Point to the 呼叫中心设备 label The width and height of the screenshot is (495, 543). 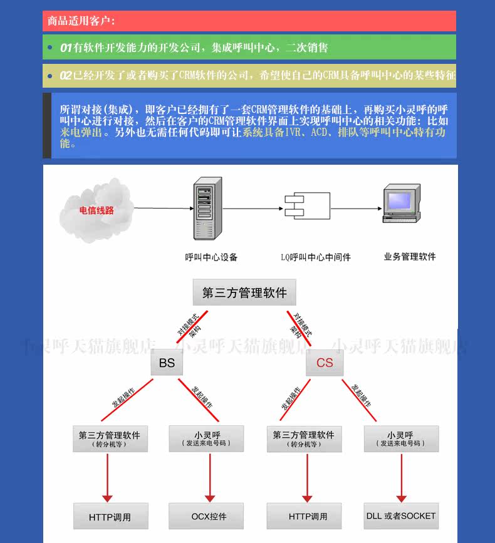[x=211, y=257]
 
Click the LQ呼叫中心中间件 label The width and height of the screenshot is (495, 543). [x=315, y=257]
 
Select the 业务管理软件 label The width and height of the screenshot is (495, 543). [x=410, y=257]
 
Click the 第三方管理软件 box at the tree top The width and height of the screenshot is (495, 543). [x=244, y=292]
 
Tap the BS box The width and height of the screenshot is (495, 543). [x=167, y=363]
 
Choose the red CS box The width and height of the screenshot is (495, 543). [x=325, y=363]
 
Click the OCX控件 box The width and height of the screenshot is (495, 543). [x=209, y=517]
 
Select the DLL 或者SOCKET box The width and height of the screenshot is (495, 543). [x=401, y=516]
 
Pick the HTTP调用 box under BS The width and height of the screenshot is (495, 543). [x=110, y=517]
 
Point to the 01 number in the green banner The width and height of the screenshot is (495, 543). [x=66, y=48]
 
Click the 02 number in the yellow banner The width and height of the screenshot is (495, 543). [x=66, y=75]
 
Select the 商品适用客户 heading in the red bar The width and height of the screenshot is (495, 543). [x=81, y=21]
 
